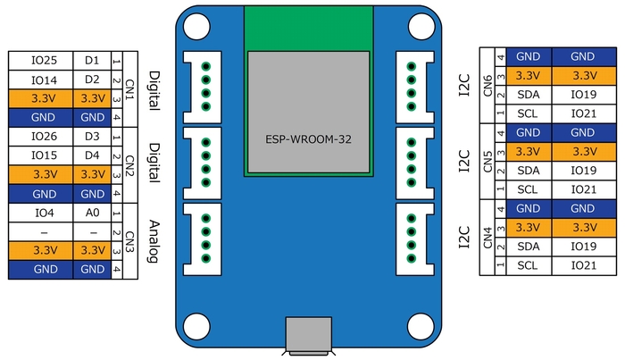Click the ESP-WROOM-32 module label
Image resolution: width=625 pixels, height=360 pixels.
(x=308, y=140)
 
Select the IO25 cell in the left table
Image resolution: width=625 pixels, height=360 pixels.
(x=44, y=61)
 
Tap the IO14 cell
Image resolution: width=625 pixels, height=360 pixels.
(x=44, y=80)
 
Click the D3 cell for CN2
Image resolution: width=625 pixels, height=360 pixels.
(x=92, y=137)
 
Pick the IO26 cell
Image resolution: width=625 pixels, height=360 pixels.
(x=44, y=137)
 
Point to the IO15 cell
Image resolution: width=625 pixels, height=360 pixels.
(x=44, y=155)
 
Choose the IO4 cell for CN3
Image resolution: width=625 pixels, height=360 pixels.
(x=44, y=214)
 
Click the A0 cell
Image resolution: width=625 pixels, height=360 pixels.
(x=92, y=214)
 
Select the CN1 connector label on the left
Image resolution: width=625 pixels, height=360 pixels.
(x=130, y=88)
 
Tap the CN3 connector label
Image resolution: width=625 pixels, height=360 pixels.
(x=130, y=242)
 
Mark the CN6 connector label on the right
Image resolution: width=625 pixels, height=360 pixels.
(x=487, y=88)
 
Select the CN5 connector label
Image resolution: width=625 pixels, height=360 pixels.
(x=487, y=163)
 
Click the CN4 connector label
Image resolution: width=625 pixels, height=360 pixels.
(x=487, y=239)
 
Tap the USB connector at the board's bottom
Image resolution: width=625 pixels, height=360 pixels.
(x=308, y=339)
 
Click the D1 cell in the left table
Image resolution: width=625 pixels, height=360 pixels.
(x=92, y=61)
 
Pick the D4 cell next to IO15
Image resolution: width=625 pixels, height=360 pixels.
(x=92, y=155)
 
